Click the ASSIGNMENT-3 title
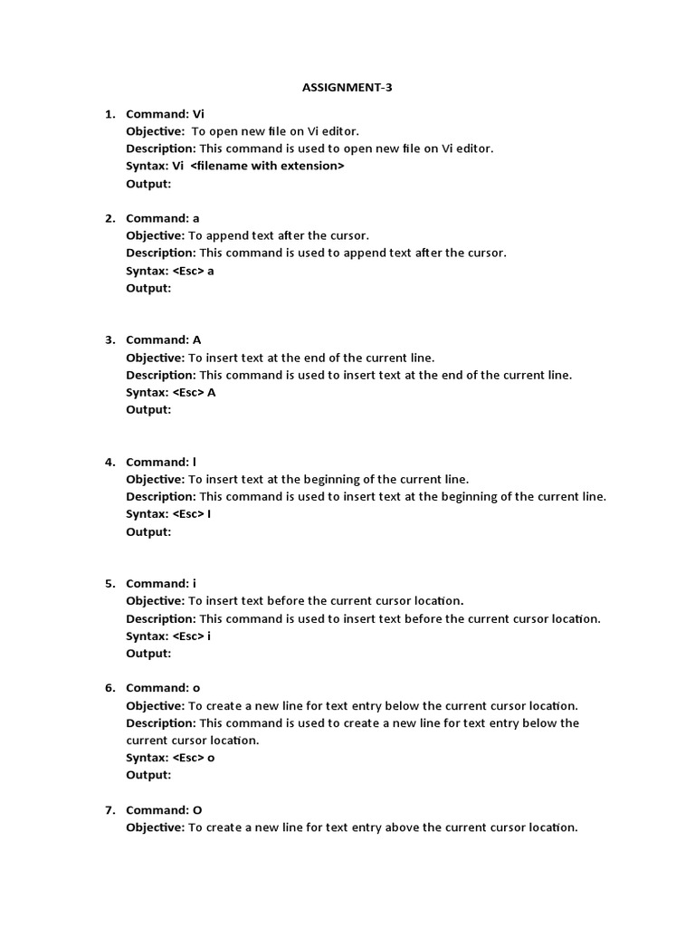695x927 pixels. click(347, 88)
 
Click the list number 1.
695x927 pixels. click(109, 114)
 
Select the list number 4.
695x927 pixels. click(109, 462)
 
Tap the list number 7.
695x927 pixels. click(109, 810)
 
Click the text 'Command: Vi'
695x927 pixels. click(165, 114)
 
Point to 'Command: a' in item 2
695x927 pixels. click(162, 218)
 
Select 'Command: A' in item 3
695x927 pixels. click(163, 340)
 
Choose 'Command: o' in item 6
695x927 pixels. click(163, 688)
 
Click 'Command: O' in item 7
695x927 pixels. click(164, 810)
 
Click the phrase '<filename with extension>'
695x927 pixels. click(267, 167)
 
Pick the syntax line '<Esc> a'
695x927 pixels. click(193, 271)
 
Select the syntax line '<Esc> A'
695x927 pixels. click(194, 393)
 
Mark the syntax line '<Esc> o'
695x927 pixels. click(194, 758)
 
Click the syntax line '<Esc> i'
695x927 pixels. click(192, 636)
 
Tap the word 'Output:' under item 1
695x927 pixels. click(148, 184)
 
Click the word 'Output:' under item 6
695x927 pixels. click(148, 775)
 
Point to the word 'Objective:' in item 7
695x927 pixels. click(155, 827)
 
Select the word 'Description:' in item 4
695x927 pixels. click(160, 496)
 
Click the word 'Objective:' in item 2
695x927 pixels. click(155, 235)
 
